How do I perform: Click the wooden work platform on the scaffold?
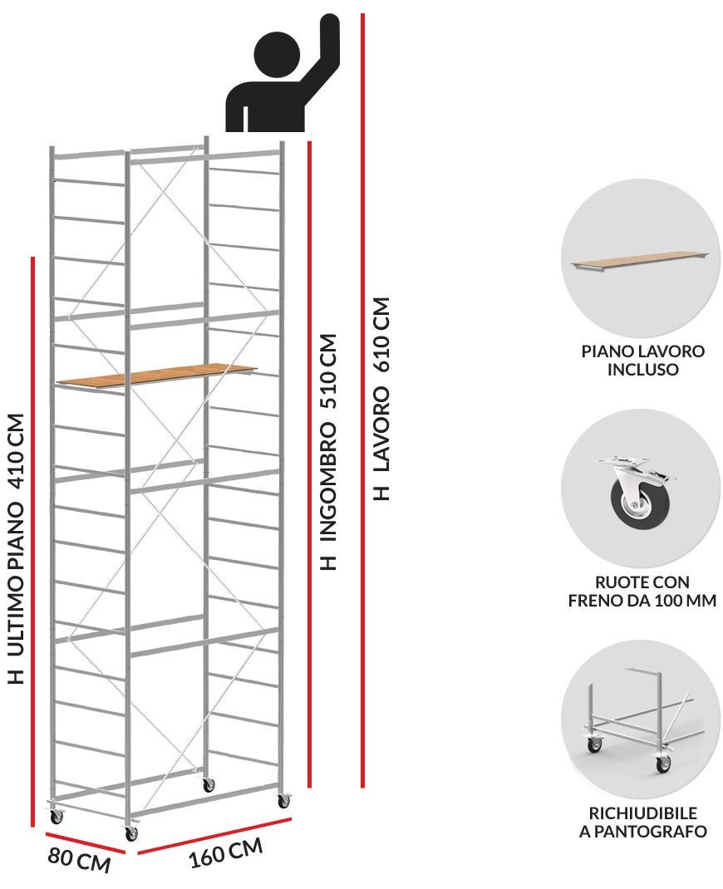[156, 375]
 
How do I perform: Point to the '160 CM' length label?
[226, 852]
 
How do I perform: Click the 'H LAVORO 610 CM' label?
[381, 399]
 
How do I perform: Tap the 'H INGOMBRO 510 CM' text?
[328, 452]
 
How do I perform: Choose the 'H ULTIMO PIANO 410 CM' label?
[17, 548]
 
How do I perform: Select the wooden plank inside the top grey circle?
[640, 262]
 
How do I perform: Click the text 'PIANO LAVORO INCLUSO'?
[643, 360]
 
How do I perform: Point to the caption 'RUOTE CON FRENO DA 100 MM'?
[642, 591]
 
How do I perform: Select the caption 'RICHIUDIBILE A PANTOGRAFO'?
[642, 822]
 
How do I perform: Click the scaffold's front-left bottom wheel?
[130, 831]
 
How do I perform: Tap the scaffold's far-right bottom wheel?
[283, 800]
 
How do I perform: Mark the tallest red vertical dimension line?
[362, 400]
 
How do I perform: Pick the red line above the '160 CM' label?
[214, 832]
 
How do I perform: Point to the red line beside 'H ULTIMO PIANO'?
[33, 542]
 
